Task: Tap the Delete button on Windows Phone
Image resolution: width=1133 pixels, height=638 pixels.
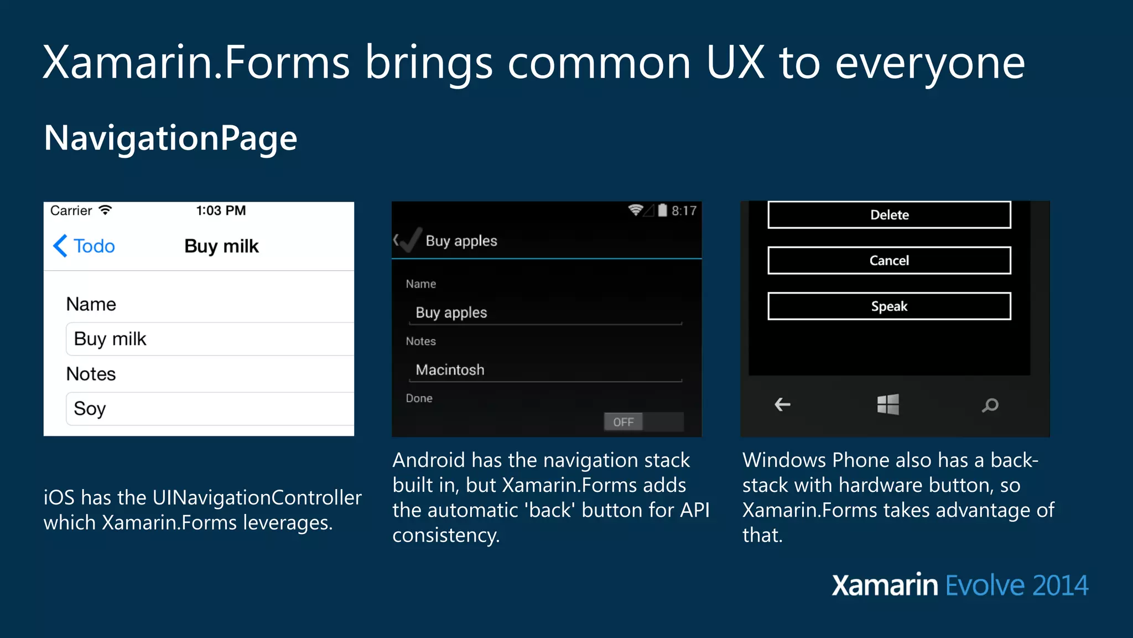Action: coord(889,215)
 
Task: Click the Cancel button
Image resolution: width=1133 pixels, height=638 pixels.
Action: coord(889,260)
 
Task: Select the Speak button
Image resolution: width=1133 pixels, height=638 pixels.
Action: coord(889,306)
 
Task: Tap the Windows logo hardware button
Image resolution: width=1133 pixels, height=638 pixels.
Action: coord(888,405)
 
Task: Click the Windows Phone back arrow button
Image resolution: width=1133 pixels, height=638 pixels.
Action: coord(782,405)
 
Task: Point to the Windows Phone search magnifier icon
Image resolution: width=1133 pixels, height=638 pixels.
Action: coord(990,405)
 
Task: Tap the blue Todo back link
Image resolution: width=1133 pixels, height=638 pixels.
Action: coord(84,246)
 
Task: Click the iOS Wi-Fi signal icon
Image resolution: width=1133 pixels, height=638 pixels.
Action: coord(105,210)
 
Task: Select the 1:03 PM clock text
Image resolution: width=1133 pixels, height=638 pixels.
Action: coord(221,210)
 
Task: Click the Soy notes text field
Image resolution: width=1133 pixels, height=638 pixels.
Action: coord(210,409)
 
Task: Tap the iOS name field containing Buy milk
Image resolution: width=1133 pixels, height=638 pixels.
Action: coord(210,339)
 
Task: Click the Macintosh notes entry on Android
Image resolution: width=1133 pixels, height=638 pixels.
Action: coord(545,370)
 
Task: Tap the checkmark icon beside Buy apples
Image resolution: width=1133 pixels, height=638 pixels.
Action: coord(410,240)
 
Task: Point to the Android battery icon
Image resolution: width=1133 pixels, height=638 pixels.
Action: coord(662,210)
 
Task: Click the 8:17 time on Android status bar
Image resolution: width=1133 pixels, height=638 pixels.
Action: coord(684,211)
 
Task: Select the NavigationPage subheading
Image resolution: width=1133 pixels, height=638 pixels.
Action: coord(170,138)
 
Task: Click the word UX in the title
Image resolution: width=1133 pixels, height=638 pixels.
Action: coord(735,63)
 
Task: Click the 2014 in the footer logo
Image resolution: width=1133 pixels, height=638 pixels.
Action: coord(1060,586)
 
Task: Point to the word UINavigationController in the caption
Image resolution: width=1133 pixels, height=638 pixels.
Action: coord(257,497)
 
